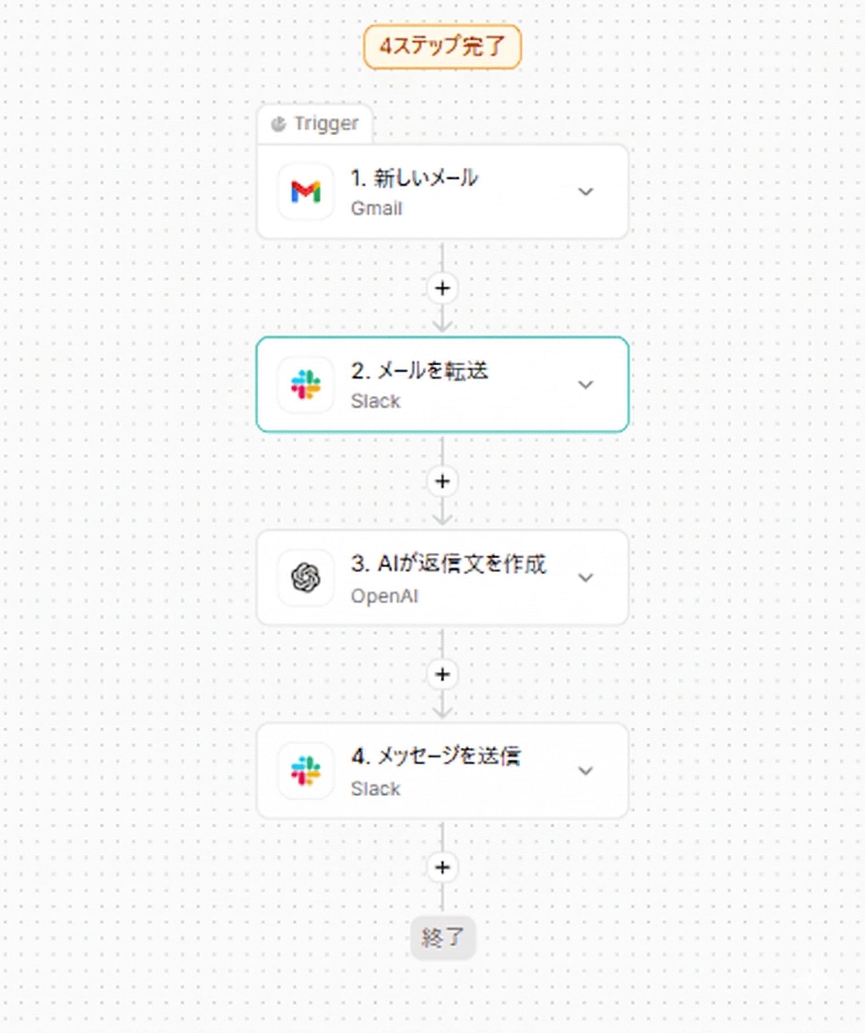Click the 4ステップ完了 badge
coord(442,47)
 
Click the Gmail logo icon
coord(306,192)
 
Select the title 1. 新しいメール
coord(414,178)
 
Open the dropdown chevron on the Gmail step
coord(585,192)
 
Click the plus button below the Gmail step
coord(443,288)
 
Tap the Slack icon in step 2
coord(306,385)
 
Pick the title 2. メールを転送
coord(420,371)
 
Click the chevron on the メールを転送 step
coord(585,385)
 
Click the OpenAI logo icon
coord(306,577)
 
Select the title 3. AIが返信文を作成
coord(449,564)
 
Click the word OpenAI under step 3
coord(384,596)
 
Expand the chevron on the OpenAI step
coord(585,577)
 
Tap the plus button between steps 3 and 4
coord(443,674)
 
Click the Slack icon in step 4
coord(306,771)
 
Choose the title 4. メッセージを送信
coord(436,757)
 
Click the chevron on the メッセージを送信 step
coord(585,771)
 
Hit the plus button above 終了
coord(443,867)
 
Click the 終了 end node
coord(443,938)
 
